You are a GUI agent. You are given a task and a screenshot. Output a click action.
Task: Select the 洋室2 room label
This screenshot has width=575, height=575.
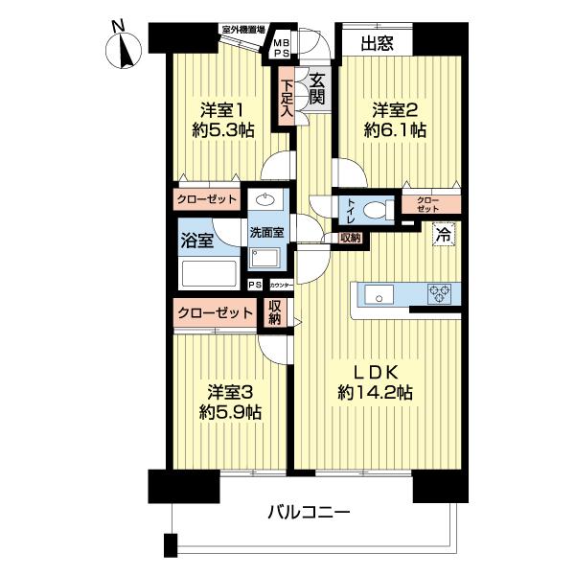(394, 108)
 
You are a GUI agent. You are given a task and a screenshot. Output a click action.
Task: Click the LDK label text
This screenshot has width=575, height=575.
(375, 371)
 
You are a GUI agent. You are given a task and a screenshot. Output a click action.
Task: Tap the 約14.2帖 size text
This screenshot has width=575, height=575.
(375, 392)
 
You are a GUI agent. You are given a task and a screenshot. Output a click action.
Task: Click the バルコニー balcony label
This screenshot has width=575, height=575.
(308, 512)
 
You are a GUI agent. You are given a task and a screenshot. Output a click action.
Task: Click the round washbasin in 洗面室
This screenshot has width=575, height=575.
(264, 202)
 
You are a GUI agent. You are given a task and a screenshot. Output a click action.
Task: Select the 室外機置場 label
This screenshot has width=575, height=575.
(243, 30)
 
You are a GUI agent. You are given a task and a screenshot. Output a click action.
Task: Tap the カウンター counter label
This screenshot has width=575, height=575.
(281, 286)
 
